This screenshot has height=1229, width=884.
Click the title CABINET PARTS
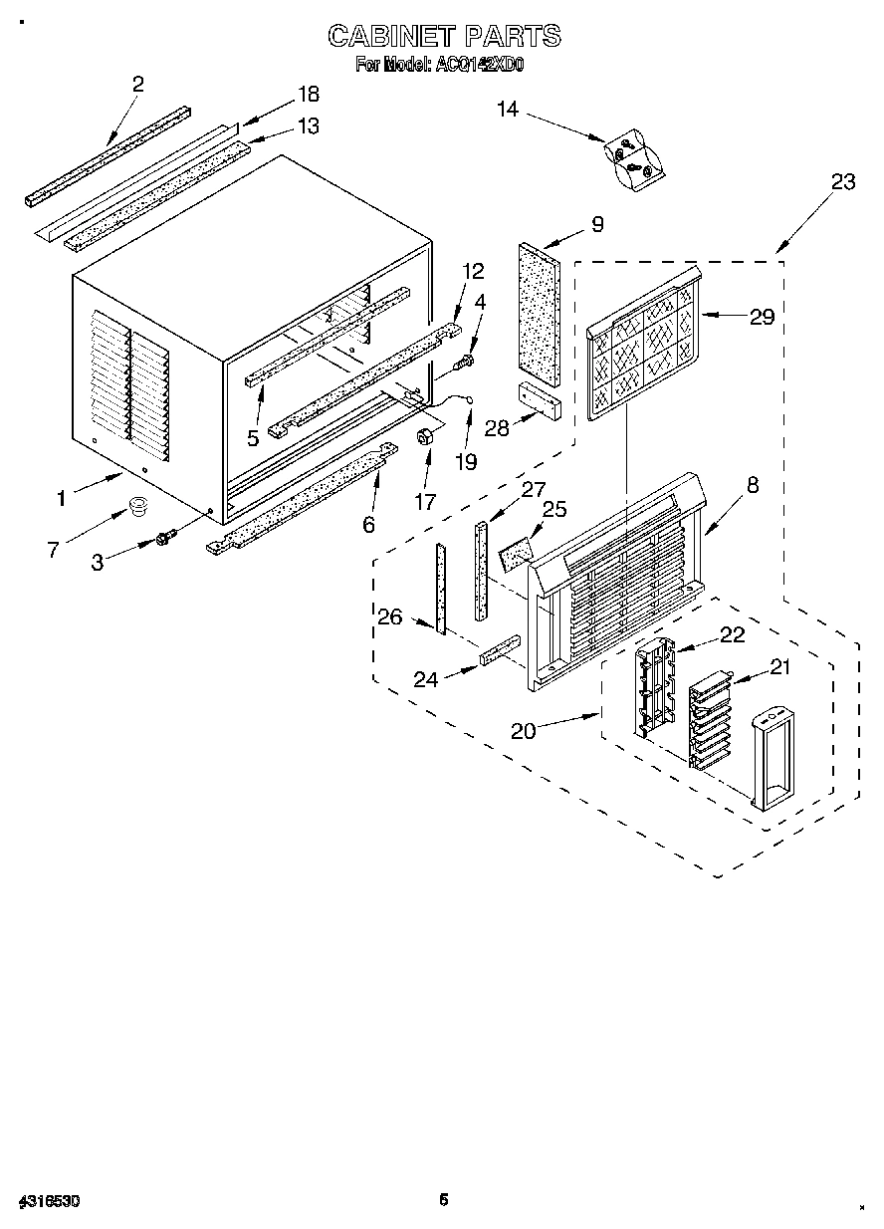[444, 37]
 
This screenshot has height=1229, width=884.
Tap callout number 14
[509, 109]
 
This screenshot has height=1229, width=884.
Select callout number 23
[842, 181]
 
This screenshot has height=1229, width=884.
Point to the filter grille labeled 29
[643, 350]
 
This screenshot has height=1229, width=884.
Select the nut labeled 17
[425, 437]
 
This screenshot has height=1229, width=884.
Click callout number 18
[309, 94]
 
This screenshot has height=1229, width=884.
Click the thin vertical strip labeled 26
[438, 589]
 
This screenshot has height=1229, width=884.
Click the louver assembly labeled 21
[709, 719]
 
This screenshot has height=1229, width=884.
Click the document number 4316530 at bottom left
[49, 1202]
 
